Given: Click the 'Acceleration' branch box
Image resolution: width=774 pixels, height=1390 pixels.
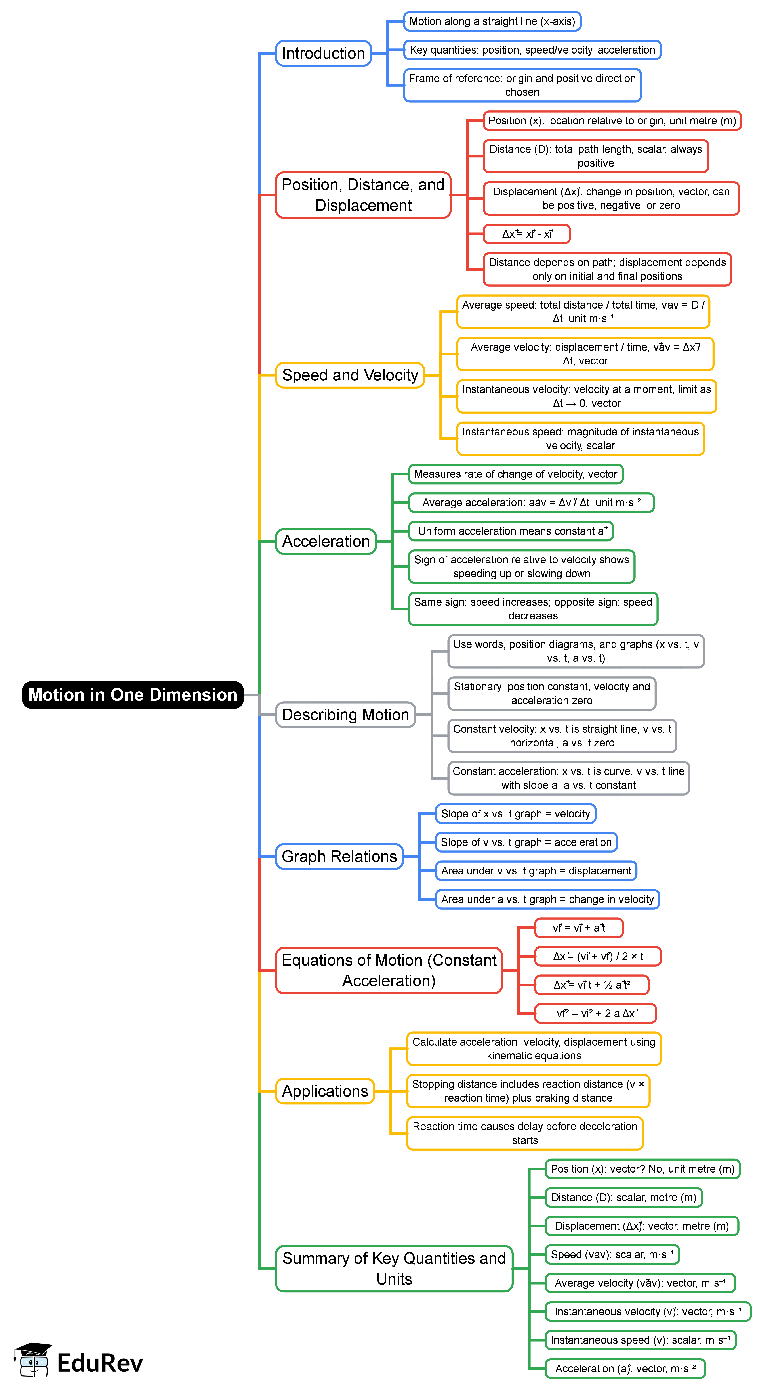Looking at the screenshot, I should pos(326,541).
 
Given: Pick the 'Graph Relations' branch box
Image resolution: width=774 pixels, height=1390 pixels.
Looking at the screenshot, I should pos(339,856).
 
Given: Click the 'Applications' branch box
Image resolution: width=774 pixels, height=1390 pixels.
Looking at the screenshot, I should pos(325,1091).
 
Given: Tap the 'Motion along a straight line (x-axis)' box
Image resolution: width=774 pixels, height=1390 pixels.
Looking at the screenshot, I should pos(492,22).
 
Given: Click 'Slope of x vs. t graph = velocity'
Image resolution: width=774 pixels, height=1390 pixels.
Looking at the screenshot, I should pos(515,814).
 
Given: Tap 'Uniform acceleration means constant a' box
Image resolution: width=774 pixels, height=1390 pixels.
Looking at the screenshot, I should pos(511,531).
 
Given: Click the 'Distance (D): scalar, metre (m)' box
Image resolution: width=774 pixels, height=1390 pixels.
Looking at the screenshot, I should pos(623,1197).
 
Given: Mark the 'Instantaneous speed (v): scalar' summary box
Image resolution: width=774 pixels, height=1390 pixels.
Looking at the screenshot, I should pos(640,1340).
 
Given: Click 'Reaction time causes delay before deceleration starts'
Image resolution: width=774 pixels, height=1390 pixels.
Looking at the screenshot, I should pos(525,1133).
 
